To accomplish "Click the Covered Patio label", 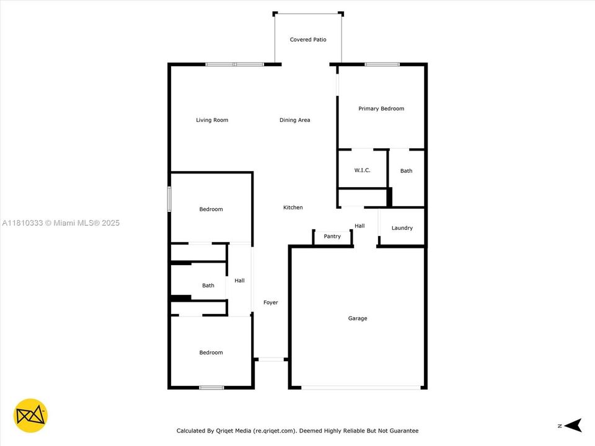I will point(307,40).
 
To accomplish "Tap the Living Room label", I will point(212,120).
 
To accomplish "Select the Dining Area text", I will point(294,120).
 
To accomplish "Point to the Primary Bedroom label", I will point(381,108).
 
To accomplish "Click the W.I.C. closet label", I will point(362,170).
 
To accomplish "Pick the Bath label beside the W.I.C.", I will point(406,171).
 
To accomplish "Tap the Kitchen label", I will point(293,208).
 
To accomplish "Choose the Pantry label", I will point(332,236).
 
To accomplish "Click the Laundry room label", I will point(402,228).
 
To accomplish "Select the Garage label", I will point(357,318).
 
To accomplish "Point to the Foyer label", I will point(270,302).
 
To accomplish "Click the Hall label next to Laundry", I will point(359,225).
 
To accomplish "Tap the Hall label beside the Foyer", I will point(239,281).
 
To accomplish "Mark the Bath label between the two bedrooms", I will point(208,286).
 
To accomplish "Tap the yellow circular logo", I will point(30,414).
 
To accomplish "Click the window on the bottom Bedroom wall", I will point(211,388).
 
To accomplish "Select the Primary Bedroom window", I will point(382,64).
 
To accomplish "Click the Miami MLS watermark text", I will point(61,223).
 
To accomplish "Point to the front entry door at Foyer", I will point(270,359).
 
